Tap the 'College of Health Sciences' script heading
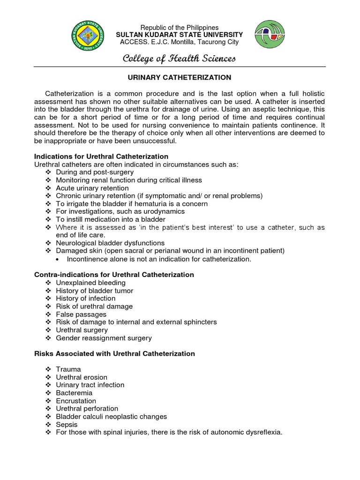click(x=180, y=59)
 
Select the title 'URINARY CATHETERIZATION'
click(x=180, y=77)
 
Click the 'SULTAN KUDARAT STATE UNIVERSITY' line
click(x=180, y=35)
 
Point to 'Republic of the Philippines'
click(x=180, y=28)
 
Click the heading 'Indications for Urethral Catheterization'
click(x=101, y=156)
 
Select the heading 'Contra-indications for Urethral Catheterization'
click(x=114, y=275)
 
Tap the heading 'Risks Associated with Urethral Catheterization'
click(x=114, y=353)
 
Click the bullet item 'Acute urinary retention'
click(x=92, y=188)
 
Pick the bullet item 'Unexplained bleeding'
click(x=90, y=283)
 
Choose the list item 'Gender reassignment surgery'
click(x=104, y=337)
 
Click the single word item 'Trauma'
click(x=68, y=369)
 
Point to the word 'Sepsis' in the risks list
click(x=67, y=425)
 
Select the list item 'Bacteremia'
click(x=74, y=393)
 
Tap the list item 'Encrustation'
click(x=76, y=401)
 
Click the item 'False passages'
click(x=81, y=314)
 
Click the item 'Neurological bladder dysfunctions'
click(x=110, y=243)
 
